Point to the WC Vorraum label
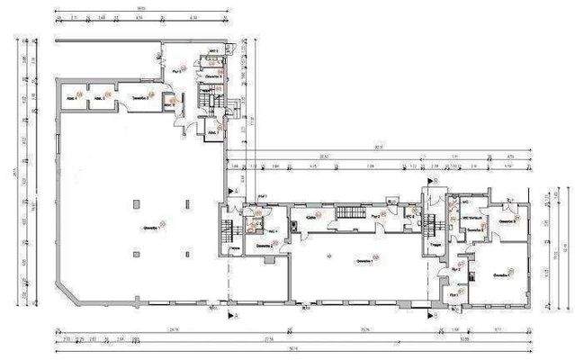click(x=472, y=219)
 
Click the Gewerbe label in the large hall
click(x=149, y=227)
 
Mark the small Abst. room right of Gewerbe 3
click(x=170, y=103)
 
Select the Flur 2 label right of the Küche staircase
click(x=375, y=216)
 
